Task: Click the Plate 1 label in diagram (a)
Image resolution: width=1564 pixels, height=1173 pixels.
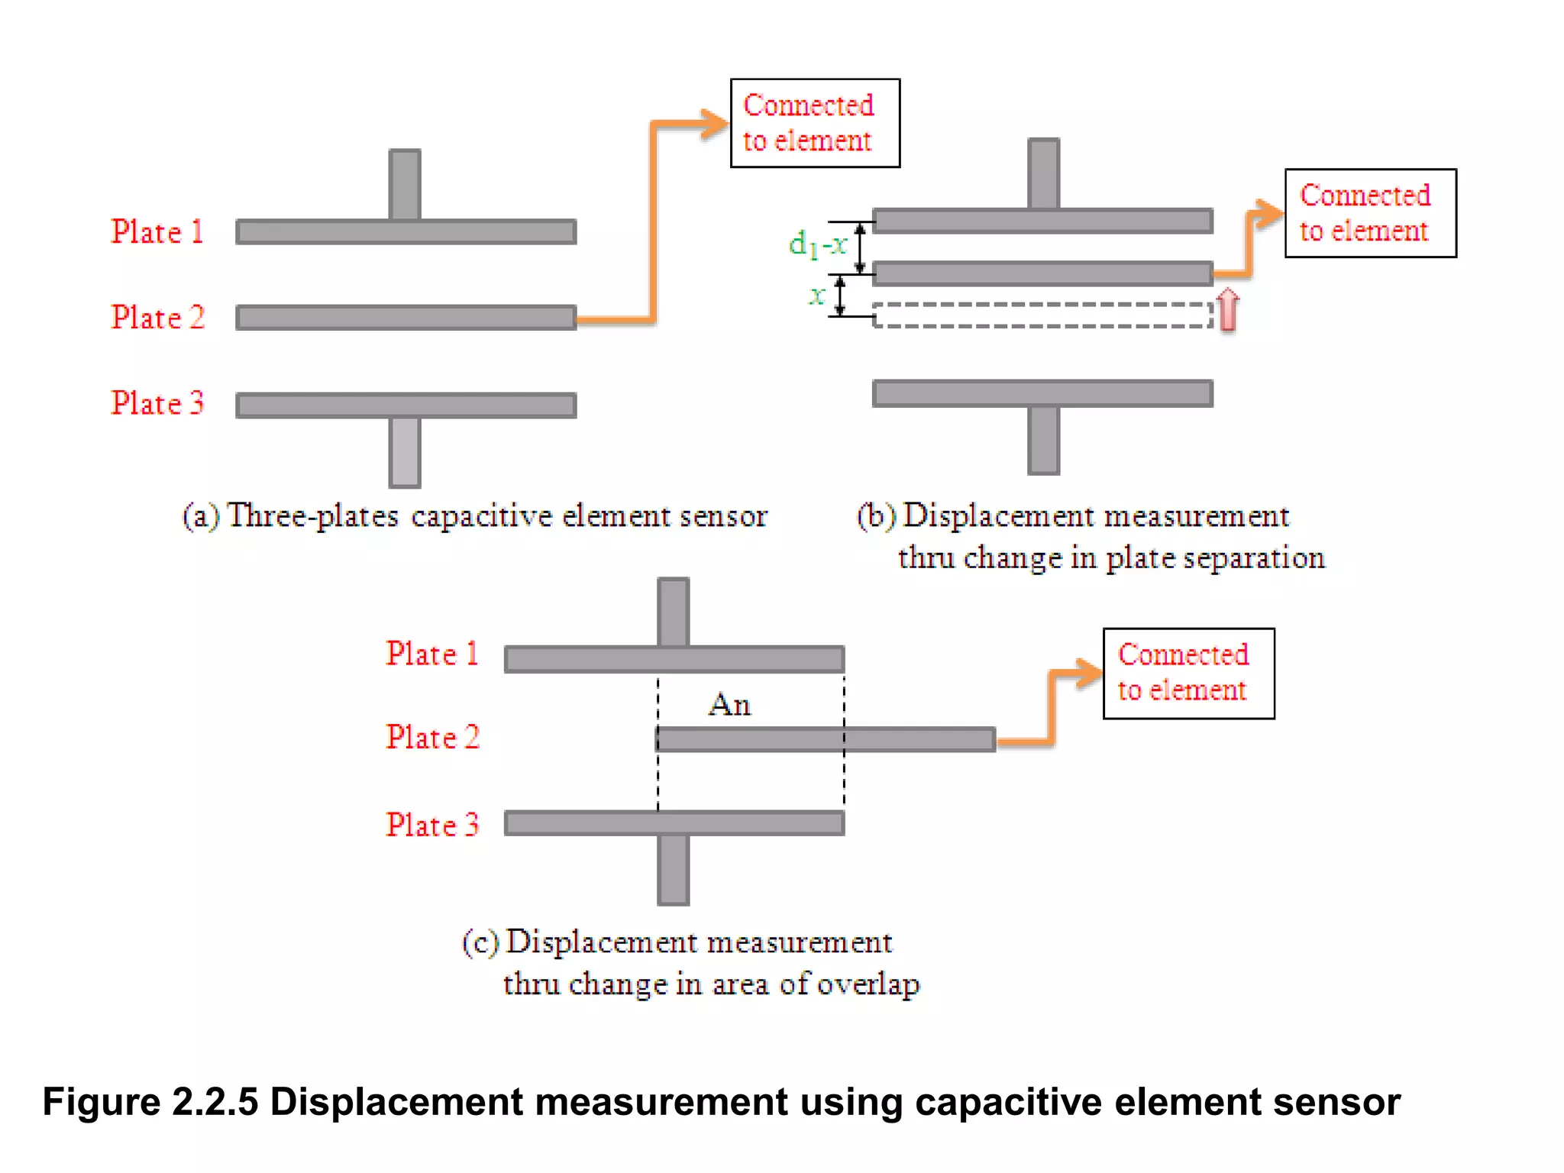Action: click(x=157, y=231)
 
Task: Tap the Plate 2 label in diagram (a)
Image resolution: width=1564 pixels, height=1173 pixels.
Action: click(x=157, y=317)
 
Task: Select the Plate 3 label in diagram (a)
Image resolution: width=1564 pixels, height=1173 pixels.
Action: click(x=157, y=403)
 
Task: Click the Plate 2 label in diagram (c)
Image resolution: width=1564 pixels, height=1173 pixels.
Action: click(x=432, y=738)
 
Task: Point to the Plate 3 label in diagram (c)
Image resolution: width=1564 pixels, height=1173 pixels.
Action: click(x=432, y=825)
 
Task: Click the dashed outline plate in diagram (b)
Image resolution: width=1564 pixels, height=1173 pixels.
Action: click(x=1042, y=315)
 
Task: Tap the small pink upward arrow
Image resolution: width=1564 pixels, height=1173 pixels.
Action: click(x=1227, y=309)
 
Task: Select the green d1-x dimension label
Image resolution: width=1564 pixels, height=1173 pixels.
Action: click(x=817, y=245)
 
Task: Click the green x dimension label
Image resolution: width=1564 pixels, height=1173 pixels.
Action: click(x=817, y=295)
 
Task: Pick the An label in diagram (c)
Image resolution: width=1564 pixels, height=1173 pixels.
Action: click(x=729, y=704)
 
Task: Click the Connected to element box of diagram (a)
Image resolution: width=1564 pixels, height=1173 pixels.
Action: click(x=815, y=123)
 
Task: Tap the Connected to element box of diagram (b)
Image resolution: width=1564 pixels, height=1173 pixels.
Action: click(x=1370, y=213)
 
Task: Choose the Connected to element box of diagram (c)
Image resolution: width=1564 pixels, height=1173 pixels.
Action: click(x=1188, y=673)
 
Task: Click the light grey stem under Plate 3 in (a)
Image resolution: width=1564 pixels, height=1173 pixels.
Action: click(x=405, y=451)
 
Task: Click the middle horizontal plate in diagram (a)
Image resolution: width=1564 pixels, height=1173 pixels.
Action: click(x=406, y=317)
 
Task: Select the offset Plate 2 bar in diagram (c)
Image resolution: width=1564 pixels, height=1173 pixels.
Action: click(x=825, y=739)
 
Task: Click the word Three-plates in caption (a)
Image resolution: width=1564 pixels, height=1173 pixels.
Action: click(x=313, y=516)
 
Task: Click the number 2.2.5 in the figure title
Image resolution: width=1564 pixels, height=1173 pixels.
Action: click(x=215, y=1102)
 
